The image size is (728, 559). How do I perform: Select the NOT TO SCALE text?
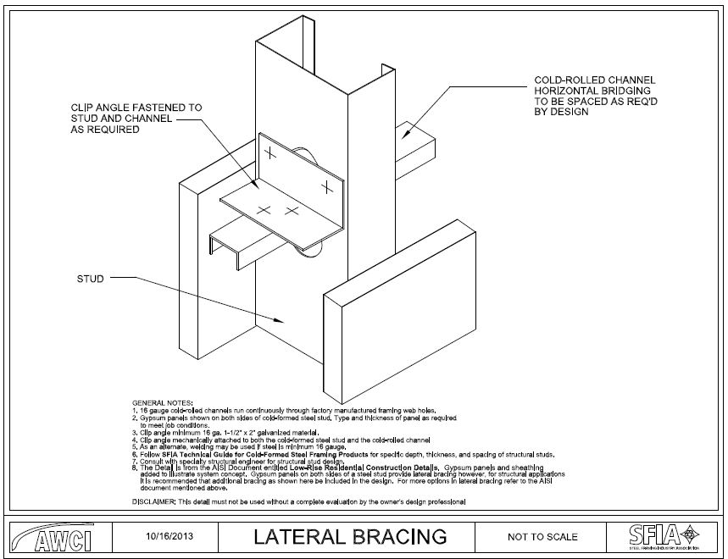[x=542, y=536]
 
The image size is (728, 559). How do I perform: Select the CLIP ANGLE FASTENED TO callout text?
[x=136, y=108]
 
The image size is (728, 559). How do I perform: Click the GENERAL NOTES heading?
[x=163, y=401]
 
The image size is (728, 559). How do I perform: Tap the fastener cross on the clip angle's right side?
[x=325, y=185]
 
